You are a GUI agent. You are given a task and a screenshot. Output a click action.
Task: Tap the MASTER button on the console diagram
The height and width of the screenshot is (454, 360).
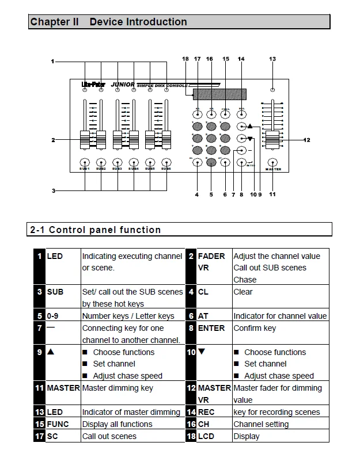(272, 162)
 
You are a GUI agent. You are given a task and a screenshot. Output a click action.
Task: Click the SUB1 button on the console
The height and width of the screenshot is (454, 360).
(85, 162)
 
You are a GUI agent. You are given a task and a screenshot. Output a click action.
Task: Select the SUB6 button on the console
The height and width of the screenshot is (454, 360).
(166, 162)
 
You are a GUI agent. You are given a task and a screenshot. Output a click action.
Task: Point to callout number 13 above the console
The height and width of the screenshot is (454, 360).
(272, 59)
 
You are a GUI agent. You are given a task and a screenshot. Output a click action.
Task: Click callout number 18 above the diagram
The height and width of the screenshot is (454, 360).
(185, 59)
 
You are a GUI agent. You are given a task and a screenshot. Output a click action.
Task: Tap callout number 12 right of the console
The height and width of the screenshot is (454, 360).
(306, 139)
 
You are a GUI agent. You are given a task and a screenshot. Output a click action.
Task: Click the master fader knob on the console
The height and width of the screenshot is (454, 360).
(272, 139)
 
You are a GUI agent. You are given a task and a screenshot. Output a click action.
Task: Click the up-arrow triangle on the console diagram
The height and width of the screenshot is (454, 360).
(251, 125)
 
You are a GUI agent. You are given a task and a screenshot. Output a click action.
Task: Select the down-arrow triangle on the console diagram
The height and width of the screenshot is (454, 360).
(251, 139)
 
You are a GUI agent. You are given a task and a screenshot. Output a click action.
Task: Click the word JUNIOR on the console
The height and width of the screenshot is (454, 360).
(123, 85)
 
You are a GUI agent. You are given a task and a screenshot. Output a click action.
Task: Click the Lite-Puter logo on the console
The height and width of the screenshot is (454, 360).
(92, 85)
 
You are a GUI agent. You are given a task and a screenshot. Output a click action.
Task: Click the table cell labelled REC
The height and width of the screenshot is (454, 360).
(206, 412)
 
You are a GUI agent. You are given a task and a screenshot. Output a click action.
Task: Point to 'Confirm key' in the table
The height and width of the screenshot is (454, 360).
(255, 328)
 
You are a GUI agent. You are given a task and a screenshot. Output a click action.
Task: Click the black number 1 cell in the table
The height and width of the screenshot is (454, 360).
(40, 256)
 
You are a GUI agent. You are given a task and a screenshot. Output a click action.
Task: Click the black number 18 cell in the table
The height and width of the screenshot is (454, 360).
(191, 436)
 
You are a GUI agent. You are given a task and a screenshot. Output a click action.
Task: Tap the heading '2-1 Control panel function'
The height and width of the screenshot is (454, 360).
(96, 230)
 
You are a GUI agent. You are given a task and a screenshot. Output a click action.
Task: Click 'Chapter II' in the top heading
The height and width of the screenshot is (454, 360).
(54, 22)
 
